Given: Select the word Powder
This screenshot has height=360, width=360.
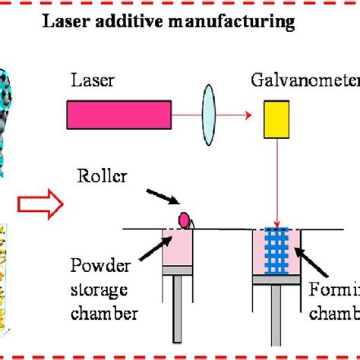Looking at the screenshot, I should pyautogui.click(x=102, y=267).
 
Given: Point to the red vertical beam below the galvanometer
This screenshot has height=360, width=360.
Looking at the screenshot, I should pyautogui.click(x=277, y=175).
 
